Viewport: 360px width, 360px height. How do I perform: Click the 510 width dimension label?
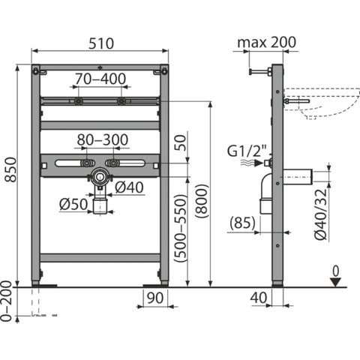101,43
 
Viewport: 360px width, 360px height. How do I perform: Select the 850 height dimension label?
11,169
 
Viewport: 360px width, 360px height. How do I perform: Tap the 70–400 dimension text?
100,79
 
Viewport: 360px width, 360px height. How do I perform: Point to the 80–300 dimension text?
103,140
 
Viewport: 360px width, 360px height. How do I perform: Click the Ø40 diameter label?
130,187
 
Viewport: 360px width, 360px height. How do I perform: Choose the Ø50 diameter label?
73,204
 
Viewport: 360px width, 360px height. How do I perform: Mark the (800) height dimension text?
202,201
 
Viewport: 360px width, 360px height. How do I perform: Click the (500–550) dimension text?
181,228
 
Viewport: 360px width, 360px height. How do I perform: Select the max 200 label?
267,42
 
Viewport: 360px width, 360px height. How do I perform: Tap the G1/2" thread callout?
247,151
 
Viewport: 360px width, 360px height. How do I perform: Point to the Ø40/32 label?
321,214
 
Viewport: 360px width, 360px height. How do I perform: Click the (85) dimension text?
243,223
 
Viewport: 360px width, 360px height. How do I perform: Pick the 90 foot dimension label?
155,298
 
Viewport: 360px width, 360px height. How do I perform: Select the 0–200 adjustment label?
6,301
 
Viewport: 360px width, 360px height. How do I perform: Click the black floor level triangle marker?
335,282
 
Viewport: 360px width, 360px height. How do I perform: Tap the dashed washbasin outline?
322,103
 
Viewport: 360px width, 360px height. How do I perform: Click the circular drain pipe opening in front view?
100,176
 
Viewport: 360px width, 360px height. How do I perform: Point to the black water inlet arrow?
258,163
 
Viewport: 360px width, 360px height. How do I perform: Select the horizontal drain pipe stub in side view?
298,177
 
